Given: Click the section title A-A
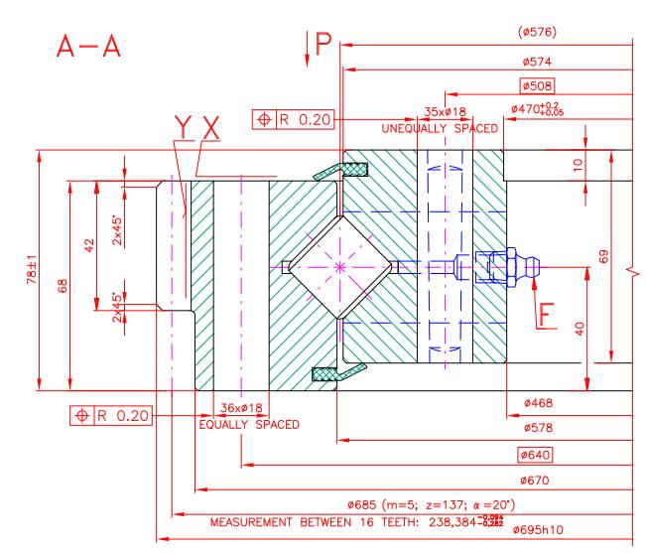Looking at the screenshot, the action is [88, 46].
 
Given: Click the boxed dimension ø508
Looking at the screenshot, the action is [537, 86].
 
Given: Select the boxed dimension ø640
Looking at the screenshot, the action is [535, 455].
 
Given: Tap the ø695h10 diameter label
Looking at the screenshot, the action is [538, 529].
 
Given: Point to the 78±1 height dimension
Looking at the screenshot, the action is [32, 269].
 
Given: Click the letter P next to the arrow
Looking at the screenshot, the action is [323, 43].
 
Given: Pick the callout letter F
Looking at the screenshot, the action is [547, 316].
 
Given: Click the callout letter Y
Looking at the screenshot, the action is [183, 127].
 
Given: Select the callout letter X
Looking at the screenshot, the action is [211, 128].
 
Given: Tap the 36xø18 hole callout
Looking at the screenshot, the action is [241, 408].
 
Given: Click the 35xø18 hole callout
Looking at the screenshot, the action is [445, 111].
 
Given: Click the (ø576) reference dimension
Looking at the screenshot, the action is [537, 32].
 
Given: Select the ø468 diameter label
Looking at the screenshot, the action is [538, 403].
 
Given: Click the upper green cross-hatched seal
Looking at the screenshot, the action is [355, 169].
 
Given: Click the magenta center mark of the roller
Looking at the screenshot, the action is [339, 267].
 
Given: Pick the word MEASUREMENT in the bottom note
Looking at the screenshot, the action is [251, 522].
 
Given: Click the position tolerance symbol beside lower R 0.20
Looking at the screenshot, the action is [82, 415].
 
